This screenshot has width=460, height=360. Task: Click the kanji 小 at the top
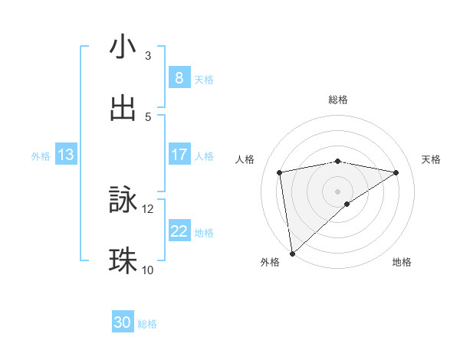click(123, 47)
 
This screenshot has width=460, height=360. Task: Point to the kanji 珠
click(123, 261)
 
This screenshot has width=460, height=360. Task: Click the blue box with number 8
click(179, 77)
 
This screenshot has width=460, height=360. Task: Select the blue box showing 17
click(179, 155)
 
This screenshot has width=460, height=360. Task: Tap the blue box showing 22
click(179, 231)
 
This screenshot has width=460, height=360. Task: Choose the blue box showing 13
click(66, 155)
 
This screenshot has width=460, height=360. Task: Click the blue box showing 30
click(123, 322)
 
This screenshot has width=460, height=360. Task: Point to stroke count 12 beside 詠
click(148, 208)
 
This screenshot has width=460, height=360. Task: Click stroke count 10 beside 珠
click(148, 270)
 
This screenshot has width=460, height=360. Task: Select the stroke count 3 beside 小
click(148, 56)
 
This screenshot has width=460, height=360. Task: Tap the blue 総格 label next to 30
click(147, 324)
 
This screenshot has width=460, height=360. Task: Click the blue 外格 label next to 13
click(41, 155)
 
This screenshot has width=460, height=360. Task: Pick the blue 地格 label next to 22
click(205, 232)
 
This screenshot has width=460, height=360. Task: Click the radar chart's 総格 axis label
click(338, 100)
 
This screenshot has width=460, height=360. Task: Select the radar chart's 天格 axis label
click(431, 159)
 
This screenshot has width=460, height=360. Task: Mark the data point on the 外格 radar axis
click(292, 254)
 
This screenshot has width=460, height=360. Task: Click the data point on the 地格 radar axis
click(347, 204)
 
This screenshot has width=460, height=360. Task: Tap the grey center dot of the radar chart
click(338, 191)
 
